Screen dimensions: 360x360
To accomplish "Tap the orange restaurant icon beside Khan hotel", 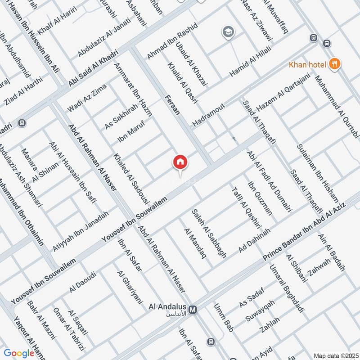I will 334,64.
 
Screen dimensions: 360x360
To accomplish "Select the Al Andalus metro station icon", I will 193,310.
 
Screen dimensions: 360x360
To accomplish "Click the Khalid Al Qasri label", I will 182,83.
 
